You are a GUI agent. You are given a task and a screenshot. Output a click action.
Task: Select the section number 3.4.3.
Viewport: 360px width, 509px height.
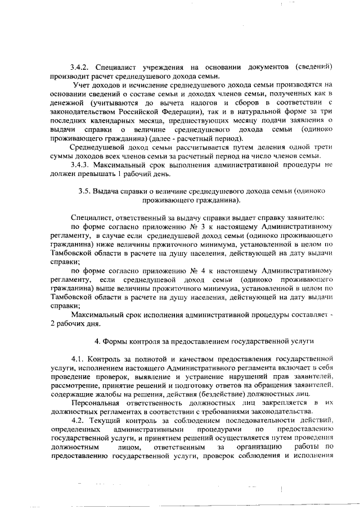pos(81,165)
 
